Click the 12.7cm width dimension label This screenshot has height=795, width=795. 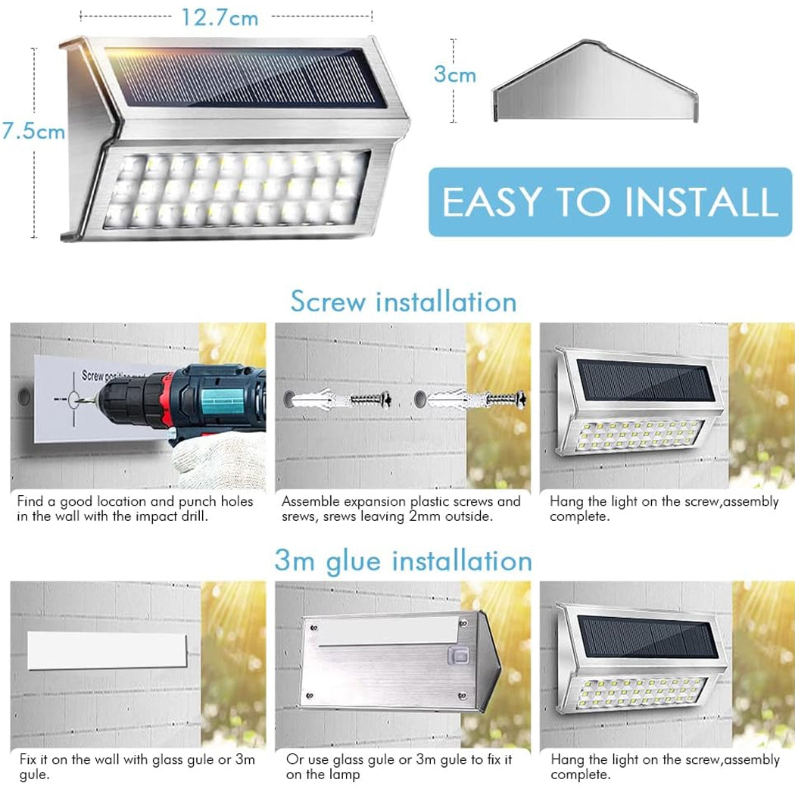tap(220, 17)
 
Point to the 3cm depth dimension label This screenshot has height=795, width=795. tap(454, 73)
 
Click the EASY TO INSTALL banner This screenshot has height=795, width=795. tap(609, 202)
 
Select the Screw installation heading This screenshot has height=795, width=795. tap(404, 301)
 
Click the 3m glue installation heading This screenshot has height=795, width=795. tap(403, 561)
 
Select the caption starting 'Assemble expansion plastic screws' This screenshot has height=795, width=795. tap(401, 509)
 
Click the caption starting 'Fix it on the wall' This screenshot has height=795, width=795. tap(136, 766)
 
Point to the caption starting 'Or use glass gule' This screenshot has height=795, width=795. tap(399, 766)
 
